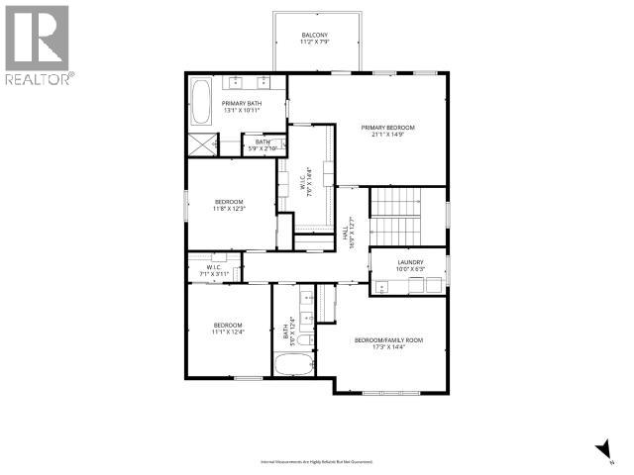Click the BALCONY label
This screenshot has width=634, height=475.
coord(315,36)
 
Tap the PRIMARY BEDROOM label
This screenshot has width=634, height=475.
coord(387,128)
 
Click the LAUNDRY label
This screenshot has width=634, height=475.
coord(409,262)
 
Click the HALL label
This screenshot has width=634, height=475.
coord(349,235)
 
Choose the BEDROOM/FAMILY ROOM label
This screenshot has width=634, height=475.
coord(389,340)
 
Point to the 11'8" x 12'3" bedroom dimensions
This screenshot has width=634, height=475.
coord(228,209)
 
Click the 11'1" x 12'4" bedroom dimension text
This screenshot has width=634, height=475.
coord(228,332)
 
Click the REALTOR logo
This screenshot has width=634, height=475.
coord(38,44)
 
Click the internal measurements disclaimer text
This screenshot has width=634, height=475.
coord(317,462)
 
